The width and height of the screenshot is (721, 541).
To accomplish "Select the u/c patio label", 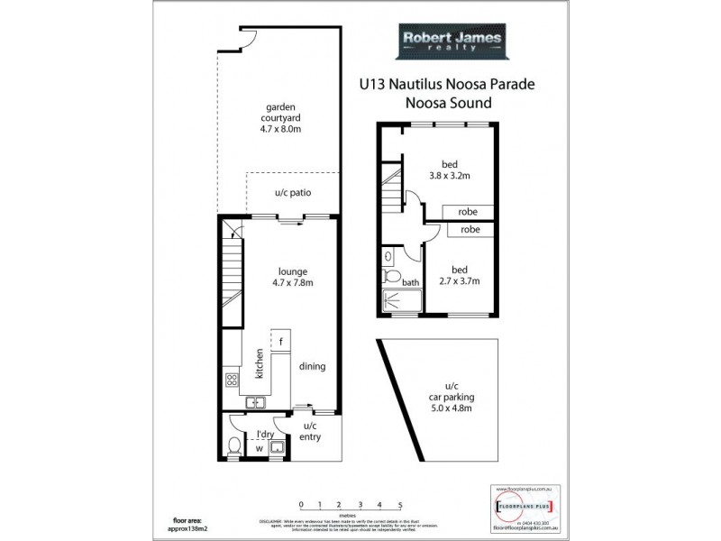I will click(x=293, y=194).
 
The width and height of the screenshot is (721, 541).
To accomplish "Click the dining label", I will click(x=311, y=366).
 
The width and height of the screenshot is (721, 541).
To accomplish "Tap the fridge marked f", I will click(x=281, y=342).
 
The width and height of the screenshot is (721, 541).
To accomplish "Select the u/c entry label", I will click(x=311, y=431).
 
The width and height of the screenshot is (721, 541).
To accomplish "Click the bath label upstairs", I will click(x=411, y=282).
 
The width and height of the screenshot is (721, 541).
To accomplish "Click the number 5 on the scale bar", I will click(x=399, y=506).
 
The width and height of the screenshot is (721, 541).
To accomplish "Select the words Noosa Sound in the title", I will click(x=451, y=103).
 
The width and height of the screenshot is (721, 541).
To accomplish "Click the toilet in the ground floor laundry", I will click(x=233, y=445).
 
